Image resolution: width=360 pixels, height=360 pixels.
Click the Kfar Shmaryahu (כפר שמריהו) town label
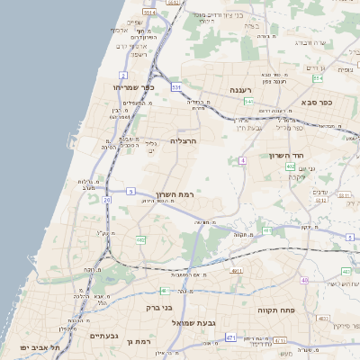[x=135, y=87]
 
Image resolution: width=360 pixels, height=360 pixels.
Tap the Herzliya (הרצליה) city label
[x=183, y=141]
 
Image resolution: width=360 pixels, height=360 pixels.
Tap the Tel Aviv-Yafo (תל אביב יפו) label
[x=42, y=346]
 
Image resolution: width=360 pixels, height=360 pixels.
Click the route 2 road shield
[x=123, y=75]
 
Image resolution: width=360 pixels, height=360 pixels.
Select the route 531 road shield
[x=176, y=87]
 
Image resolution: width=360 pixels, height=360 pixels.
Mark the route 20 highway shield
[x=107, y=200]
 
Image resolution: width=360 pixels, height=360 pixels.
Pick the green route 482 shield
[x=140, y=239]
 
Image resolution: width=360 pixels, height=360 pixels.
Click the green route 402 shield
[x=291, y=166]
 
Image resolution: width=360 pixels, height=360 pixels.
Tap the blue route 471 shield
[x=231, y=337]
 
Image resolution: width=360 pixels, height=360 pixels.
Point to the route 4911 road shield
[x=237, y=270]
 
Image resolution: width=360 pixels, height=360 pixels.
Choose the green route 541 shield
[x=247, y=102]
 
